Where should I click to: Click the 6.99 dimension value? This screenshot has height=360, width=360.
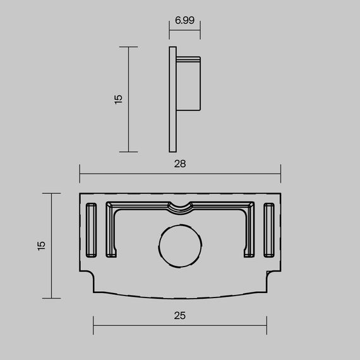tap(184, 20)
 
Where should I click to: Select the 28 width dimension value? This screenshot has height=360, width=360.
tap(180, 164)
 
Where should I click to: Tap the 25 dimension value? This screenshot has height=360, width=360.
tap(180, 314)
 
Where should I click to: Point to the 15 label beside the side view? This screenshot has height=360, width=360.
tap(118, 99)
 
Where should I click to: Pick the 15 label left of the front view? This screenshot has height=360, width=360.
tap(41, 245)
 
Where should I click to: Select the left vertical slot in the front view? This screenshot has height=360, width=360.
tap(90, 229)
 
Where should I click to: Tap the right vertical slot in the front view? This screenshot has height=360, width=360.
tap(270, 229)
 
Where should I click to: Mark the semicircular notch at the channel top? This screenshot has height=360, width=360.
tap(180, 207)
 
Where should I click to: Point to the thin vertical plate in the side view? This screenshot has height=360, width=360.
tap(172, 99)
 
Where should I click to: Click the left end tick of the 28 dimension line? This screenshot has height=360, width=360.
tap(80, 171)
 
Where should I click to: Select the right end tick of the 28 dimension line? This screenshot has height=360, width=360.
tap(280, 171)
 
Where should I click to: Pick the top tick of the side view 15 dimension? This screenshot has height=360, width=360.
tap(128, 47)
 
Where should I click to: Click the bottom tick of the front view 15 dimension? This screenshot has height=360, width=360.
tap(51, 298)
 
